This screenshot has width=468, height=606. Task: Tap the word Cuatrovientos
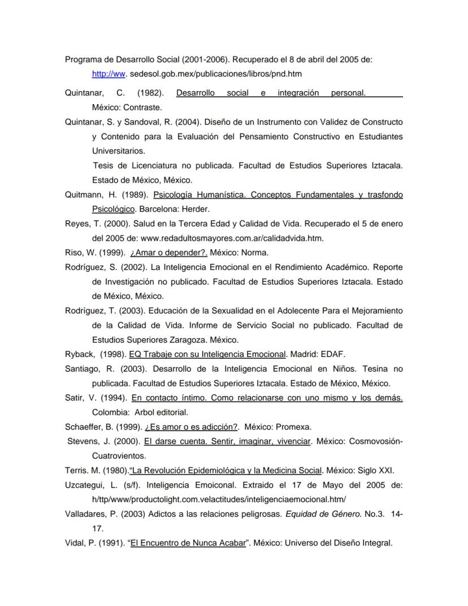point(119,455)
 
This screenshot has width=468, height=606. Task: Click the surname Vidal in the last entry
point(76,543)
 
